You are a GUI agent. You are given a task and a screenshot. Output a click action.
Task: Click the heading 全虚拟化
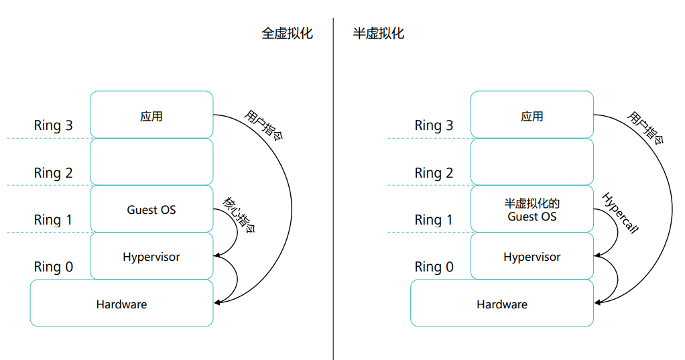coord(287,34)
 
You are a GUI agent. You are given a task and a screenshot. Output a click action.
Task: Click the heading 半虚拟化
coord(379,34)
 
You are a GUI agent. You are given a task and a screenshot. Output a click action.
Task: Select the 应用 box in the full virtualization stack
coord(151,115)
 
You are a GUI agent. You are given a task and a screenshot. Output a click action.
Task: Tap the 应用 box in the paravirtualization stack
coord(532,115)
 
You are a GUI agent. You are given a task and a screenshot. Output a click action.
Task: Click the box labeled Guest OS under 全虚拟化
coord(151,210)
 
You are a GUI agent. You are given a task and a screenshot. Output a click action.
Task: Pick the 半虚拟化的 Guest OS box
coord(532,210)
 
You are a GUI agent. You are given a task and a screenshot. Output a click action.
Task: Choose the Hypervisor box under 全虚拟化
coord(151,257)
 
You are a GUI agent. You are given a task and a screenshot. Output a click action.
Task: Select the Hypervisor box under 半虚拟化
coord(532,257)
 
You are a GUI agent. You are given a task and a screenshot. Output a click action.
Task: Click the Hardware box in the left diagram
coord(121,304)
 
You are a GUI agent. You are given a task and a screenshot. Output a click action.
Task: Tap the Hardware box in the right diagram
coord(502,304)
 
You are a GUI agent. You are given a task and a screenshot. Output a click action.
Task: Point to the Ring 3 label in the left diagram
coord(54,125)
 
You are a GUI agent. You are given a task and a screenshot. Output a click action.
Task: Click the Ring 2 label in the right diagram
coord(434,173)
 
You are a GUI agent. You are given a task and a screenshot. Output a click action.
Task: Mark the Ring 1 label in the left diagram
coord(54,220)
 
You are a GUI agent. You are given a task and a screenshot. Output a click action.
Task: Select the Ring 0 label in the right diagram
coord(434,267)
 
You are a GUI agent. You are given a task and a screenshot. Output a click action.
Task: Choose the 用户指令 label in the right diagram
coord(645,127)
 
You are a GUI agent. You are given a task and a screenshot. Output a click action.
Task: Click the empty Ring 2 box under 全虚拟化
coord(151,162)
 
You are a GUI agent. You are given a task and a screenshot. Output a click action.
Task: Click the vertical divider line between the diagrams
coord(333,201)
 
